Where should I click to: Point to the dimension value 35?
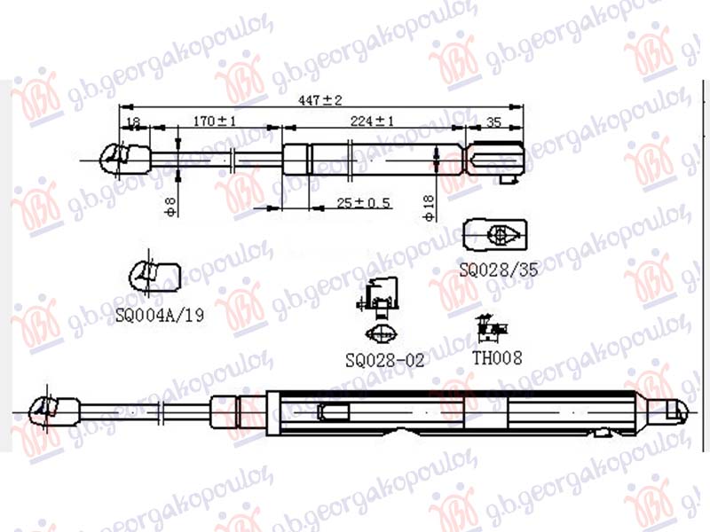tap(494, 121)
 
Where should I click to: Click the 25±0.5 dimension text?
tap(364, 203)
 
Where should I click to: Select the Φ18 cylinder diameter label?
tap(429, 206)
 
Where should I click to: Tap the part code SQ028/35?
tap(498, 269)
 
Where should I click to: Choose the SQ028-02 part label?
tap(385, 360)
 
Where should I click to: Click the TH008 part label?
tap(497, 357)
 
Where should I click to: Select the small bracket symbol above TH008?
tap(491, 329)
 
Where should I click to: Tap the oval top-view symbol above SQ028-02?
tap(383, 334)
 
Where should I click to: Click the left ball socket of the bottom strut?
tap(47, 411)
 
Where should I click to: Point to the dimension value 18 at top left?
tap(133, 121)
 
